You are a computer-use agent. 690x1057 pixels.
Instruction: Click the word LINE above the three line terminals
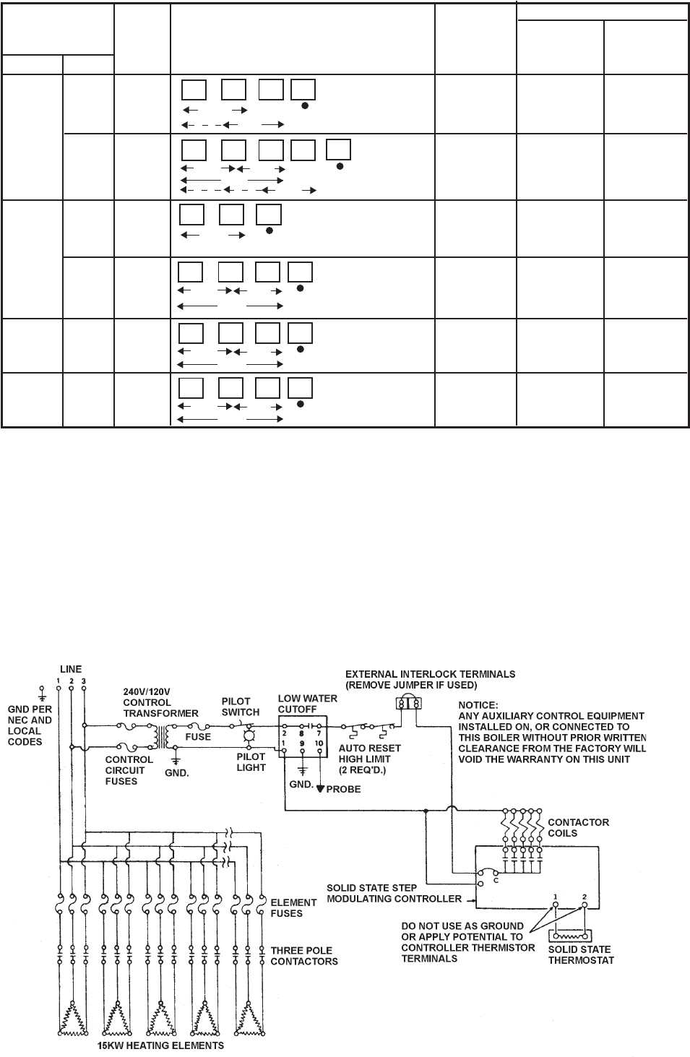(x=71, y=669)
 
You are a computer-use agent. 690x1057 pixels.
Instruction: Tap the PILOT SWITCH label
(x=240, y=707)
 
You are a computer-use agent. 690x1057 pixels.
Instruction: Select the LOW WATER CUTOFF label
(x=307, y=704)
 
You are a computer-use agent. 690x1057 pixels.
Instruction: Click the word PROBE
(x=344, y=789)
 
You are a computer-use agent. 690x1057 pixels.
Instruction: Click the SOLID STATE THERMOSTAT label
(x=581, y=954)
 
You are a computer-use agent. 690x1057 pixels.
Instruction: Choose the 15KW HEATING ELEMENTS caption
(x=161, y=1045)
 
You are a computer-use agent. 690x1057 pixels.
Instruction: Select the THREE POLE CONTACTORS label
(x=304, y=956)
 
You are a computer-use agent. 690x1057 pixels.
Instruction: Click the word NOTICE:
(x=478, y=705)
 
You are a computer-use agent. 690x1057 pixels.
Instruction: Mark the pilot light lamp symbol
(x=249, y=735)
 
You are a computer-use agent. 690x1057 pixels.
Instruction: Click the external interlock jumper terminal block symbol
(x=408, y=703)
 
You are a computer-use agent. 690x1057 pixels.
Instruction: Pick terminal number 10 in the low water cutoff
(x=319, y=743)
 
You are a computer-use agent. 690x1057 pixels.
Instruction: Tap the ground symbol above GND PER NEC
(x=42, y=694)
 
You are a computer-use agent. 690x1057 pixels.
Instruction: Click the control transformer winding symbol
(x=161, y=737)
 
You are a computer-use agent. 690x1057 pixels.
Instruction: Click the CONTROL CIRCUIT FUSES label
(x=129, y=770)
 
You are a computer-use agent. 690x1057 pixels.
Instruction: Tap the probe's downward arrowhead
(x=321, y=788)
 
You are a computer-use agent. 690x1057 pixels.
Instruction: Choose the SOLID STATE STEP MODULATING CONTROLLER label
(x=394, y=893)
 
